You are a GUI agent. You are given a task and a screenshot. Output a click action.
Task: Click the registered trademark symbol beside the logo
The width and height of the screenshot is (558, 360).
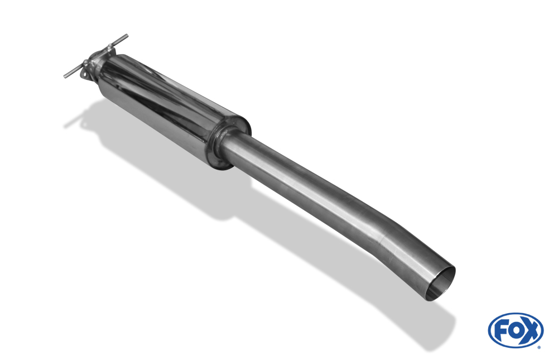(539, 347)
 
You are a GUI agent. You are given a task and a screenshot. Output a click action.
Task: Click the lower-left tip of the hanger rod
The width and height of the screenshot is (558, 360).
(65, 76)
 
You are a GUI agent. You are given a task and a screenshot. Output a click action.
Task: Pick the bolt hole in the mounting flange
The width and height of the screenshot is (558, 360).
(84, 74)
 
